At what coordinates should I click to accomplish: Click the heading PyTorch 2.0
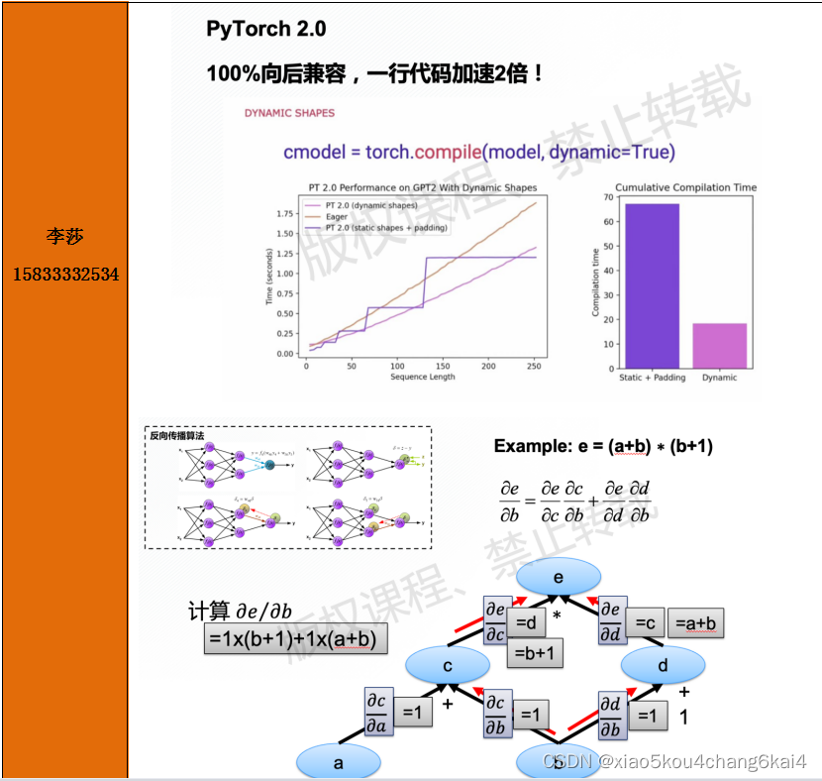(265, 29)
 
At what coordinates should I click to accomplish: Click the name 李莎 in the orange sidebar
(64, 237)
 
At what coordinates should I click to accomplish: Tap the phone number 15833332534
(65, 273)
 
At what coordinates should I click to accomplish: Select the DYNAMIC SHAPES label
(289, 113)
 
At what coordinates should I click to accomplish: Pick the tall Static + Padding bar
(651, 285)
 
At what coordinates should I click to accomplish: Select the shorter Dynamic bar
(719, 345)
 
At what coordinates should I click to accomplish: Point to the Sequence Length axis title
(422, 378)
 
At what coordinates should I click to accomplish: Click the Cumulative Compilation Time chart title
(685, 187)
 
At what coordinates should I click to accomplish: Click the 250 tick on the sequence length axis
(534, 366)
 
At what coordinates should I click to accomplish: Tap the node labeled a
(339, 762)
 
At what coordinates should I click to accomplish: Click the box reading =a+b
(697, 622)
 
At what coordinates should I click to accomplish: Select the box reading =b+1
(536, 653)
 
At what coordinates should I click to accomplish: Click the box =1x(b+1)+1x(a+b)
(295, 639)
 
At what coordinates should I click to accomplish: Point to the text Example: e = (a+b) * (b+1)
(603, 446)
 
